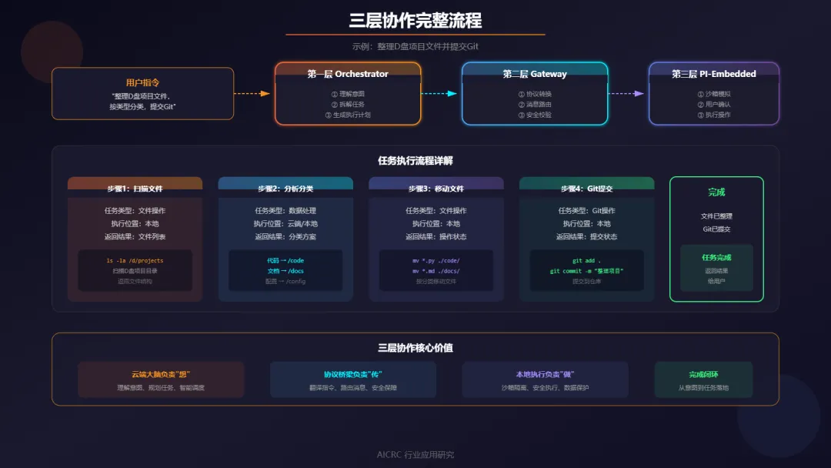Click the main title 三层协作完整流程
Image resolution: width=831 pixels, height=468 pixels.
[x=415, y=19]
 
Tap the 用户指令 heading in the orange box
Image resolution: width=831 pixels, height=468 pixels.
[x=142, y=82]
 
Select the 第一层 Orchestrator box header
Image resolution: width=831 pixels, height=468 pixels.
[x=348, y=74]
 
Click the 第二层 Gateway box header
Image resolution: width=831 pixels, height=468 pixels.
[x=535, y=74]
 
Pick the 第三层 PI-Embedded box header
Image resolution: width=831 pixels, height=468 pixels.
[x=713, y=74]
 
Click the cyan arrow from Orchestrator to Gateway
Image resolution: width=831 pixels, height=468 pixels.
[x=440, y=93]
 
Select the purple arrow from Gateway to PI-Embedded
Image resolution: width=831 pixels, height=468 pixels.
[x=627, y=93]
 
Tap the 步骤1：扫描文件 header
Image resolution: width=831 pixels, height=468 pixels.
[x=135, y=189]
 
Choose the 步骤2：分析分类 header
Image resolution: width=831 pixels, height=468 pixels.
[x=285, y=189]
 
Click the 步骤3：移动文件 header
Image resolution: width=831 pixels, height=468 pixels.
[x=436, y=189]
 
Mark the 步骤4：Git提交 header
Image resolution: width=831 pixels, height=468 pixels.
[x=586, y=189]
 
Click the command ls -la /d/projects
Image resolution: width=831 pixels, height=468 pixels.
[x=135, y=261]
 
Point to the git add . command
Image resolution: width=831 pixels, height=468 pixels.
[x=586, y=261]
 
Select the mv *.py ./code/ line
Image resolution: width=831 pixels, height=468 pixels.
[x=436, y=261]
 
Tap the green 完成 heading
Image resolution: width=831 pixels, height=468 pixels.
[x=716, y=192]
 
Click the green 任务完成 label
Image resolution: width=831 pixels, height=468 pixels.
[x=716, y=258]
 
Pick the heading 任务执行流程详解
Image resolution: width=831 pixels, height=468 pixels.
[x=415, y=161]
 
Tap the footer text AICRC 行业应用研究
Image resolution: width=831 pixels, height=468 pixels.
[x=415, y=455]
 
